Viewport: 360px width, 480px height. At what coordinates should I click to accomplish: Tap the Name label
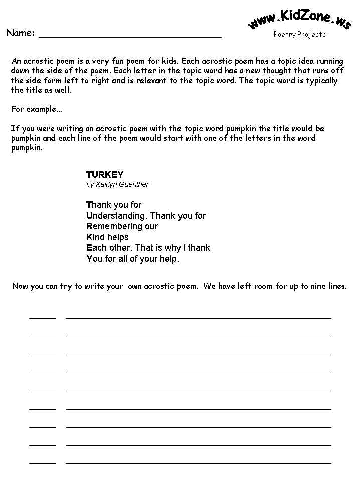coord(20,33)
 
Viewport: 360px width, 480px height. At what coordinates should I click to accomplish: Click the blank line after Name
coord(130,36)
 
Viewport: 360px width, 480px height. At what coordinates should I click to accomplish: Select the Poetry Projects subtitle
coord(299,34)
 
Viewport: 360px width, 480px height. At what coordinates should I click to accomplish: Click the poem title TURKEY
coord(104,175)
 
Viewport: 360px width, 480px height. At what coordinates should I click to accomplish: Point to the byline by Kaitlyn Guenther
coord(117,184)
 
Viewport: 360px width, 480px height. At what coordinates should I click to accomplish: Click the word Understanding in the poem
coord(116,216)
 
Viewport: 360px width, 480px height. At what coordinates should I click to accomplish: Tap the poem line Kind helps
coord(107,237)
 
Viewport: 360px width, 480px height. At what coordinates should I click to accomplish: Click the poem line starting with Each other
coord(148,248)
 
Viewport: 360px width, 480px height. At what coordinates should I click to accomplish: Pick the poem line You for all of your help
coord(133,259)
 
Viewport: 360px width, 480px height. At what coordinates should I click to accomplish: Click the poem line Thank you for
coord(114,205)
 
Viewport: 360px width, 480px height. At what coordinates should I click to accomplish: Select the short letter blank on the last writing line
coord(43,462)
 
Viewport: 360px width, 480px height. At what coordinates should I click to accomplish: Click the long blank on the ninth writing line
coord(199,462)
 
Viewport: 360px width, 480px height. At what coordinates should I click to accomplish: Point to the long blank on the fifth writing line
coord(199,390)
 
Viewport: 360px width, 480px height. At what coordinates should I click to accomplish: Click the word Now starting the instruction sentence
coord(20,286)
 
